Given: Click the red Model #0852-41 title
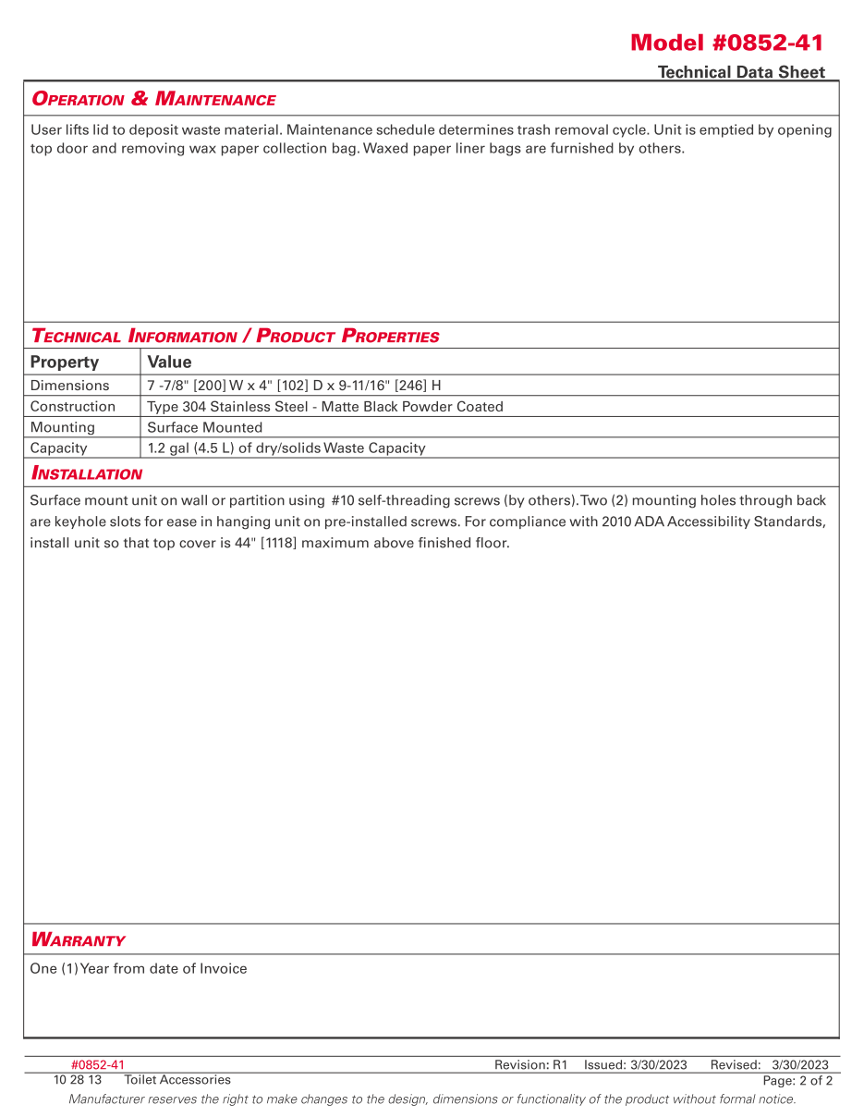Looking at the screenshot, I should [x=726, y=43].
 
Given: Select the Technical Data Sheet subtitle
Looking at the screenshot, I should [x=741, y=72].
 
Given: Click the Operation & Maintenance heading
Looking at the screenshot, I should [x=153, y=99].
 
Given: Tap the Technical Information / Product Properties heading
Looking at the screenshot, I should [x=235, y=336].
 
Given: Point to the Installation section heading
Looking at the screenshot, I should [x=87, y=473].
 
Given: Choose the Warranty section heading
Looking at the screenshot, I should [x=78, y=939].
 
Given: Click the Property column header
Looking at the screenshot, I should [x=64, y=362].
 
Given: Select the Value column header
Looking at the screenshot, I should [x=169, y=362].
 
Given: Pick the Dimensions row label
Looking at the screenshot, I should [x=69, y=386].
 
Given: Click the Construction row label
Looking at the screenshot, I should [x=73, y=406].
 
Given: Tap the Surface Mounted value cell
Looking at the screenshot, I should [x=204, y=427].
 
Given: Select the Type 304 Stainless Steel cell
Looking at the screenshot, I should [x=325, y=406].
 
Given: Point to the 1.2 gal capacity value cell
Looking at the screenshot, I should [x=286, y=448].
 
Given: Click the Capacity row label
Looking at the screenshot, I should [x=58, y=448].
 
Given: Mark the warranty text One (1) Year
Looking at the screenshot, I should [x=139, y=969].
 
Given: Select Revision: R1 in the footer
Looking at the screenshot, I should [x=530, y=1065].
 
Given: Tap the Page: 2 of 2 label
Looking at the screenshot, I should [x=797, y=1080].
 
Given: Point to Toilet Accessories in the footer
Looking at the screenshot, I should [x=177, y=1079].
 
